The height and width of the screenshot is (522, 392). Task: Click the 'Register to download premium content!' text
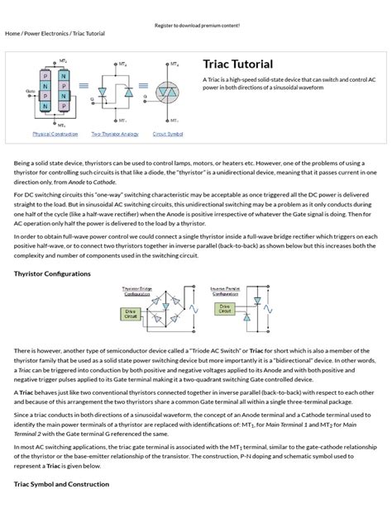pyautogui.click(x=196, y=26)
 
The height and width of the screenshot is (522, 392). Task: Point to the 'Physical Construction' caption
pyautogui.click(x=55, y=133)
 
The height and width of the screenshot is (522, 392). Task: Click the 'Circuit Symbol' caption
pyautogui.click(x=169, y=133)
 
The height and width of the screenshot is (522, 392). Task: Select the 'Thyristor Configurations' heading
pyautogui.click(x=52, y=273)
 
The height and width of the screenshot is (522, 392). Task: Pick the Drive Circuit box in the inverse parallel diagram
pyautogui.click(x=224, y=308)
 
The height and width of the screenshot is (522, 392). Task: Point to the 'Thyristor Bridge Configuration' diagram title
pyautogui.click(x=137, y=290)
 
